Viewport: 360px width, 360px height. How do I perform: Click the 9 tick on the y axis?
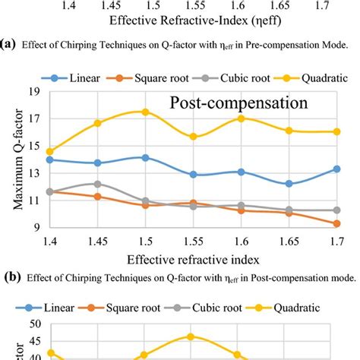coord(34,227)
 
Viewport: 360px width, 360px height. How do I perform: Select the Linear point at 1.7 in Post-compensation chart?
coord(336,169)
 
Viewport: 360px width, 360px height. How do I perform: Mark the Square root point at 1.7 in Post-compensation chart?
coord(336,223)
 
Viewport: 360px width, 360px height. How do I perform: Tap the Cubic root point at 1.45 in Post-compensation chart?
coord(97,184)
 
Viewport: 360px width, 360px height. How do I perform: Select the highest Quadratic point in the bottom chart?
coord(190,336)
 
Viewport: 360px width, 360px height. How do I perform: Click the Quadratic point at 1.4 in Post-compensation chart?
coord(50,152)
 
